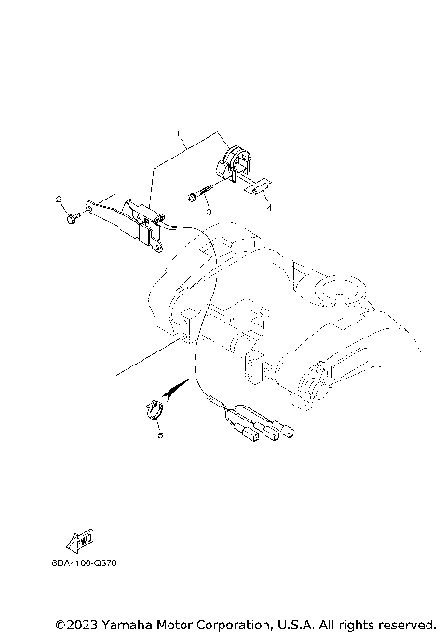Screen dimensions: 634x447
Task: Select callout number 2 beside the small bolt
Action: coord(58,200)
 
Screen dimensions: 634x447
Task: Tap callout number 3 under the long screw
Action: coord(209,212)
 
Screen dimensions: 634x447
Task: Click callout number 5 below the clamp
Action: coord(159,434)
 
